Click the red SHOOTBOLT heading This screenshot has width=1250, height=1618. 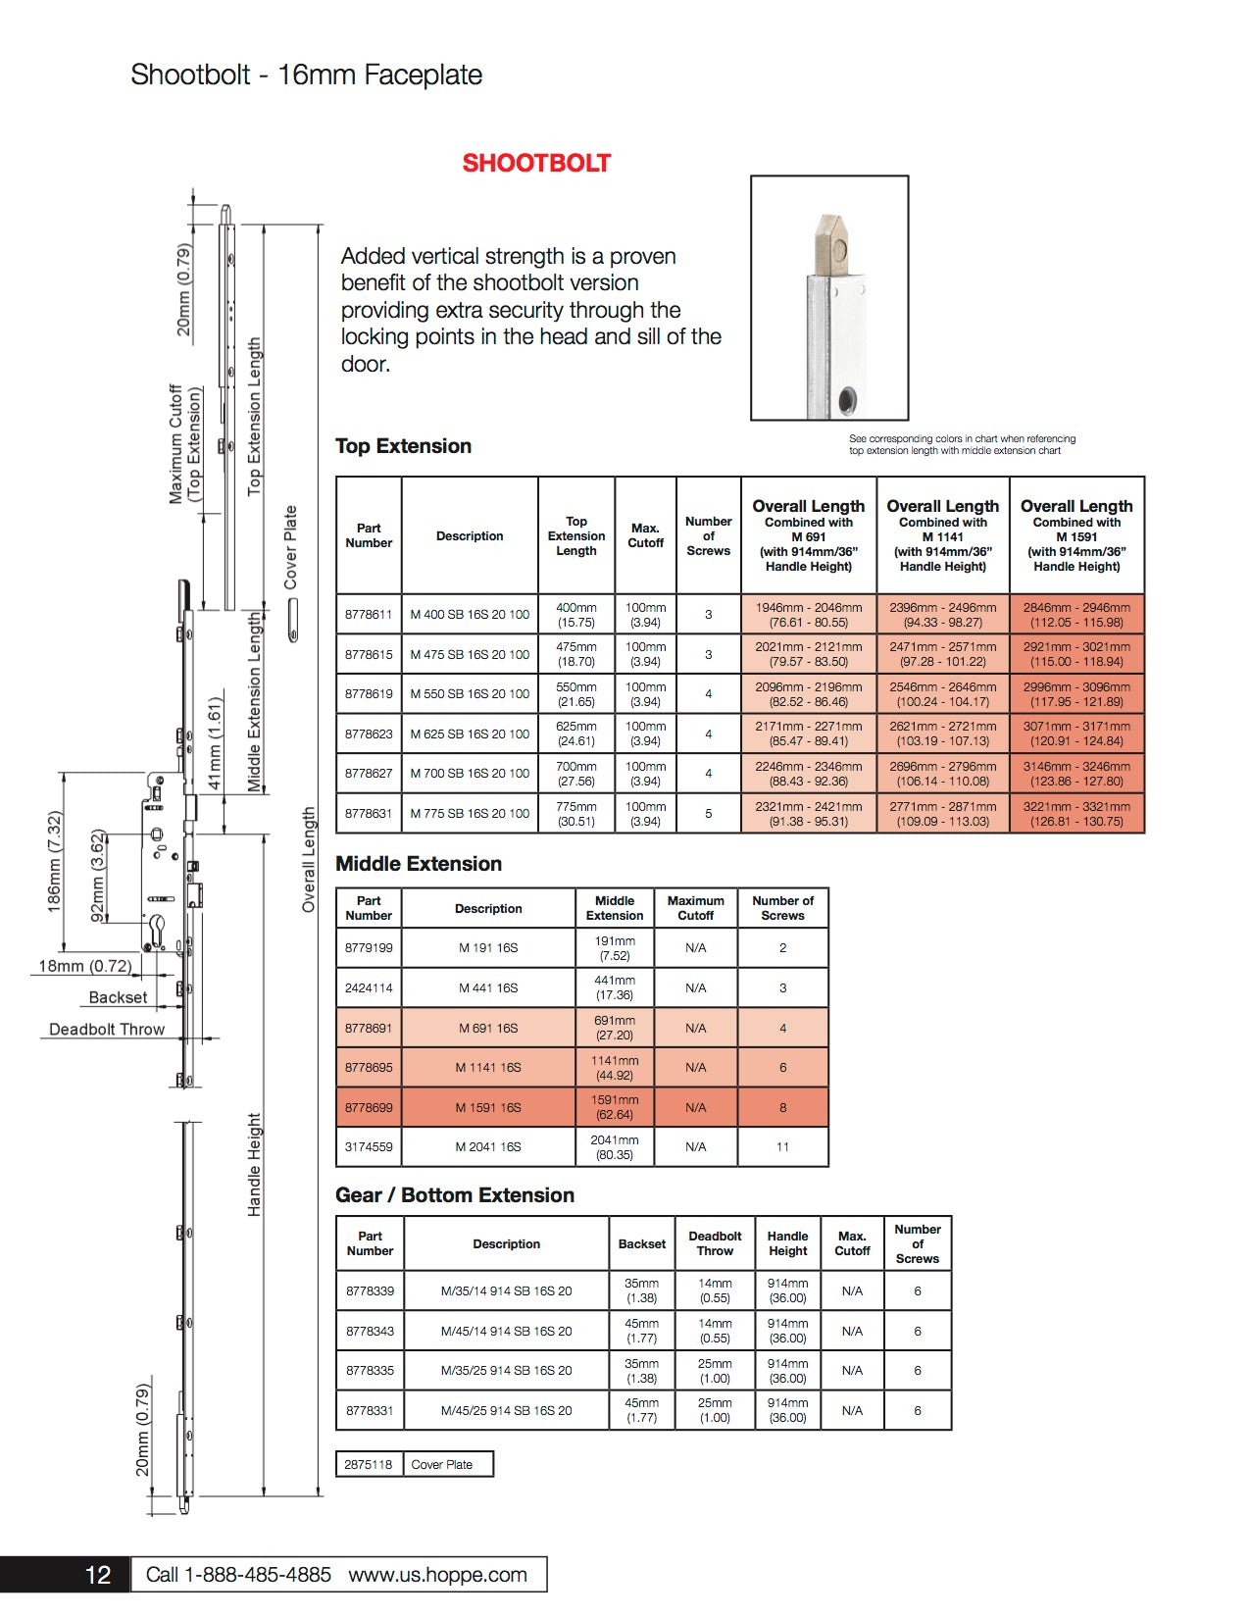pyautogui.click(x=536, y=163)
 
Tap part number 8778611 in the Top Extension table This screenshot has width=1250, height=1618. pyautogui.click(x=369, y=615)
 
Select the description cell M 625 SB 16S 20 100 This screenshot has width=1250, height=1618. pyautogui.click(x=470, y=733)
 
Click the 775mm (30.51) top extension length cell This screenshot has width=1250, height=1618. pyautogui.click(x=576, y=814)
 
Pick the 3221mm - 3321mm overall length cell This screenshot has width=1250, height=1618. pyautogui.click(x=1076, y=814)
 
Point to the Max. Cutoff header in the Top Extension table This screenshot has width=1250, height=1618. pyautogui.click(x=645, y=535)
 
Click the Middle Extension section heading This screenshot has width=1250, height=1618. pyautogui.click(x=419, y=864)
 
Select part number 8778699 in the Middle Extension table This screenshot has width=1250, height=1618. pyautogui.click(x=369, y=1107)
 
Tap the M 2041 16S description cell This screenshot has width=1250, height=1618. pyautogui.click(x=488, y=1146)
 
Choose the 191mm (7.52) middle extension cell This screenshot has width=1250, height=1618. pyautogui.click(x=615, y=948)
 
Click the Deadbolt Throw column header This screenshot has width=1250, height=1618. pyautogui.click(x=715, y=1243)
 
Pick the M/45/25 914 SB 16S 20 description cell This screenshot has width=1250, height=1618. pyautogui.click(x=506, y=1410)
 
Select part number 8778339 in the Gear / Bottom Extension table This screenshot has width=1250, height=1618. pyautogui.click(x=370, y=1290)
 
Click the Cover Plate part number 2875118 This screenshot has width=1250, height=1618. pyautogui.click(x=369, y=1464)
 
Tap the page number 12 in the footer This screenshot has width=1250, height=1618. pyautogui.click(x=98, y=1575)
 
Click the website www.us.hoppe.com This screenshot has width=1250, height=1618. pyautogui.click(x=437, y=1575)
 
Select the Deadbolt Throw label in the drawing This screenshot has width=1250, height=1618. pyautogui.click(x=107, y=1030)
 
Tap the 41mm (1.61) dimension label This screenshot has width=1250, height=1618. pyautogui.click(x=216, y=743)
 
